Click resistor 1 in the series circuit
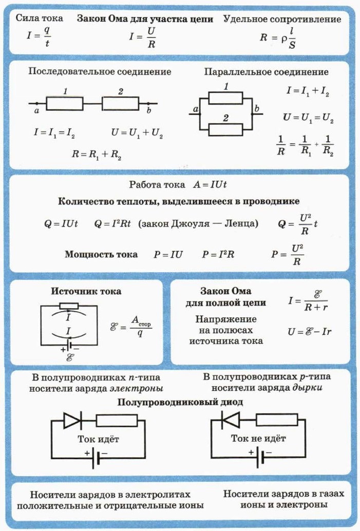coord(65,103)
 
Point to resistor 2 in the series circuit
coord(120,103)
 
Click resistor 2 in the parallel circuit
coord(226,128)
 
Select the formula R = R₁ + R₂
coord(97,154)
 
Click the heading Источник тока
coord(86,291)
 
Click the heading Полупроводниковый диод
coord(180,403)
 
